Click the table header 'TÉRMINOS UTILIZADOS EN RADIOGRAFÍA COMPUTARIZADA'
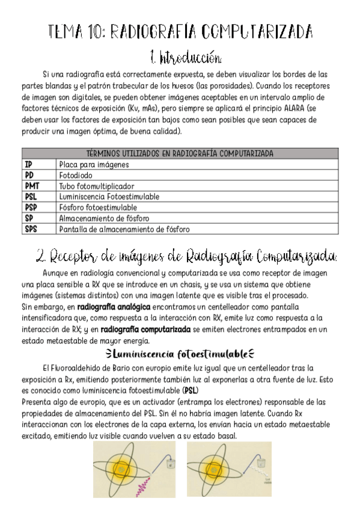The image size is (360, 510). tap(180, 154)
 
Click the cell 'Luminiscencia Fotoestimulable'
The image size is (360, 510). tap(109, 197)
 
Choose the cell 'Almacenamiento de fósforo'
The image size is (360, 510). tap(104, 218)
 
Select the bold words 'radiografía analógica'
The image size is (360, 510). tap(112, 307)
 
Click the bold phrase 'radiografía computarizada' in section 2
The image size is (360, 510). tap(145, 329)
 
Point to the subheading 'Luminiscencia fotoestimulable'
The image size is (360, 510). tap(180, 352)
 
